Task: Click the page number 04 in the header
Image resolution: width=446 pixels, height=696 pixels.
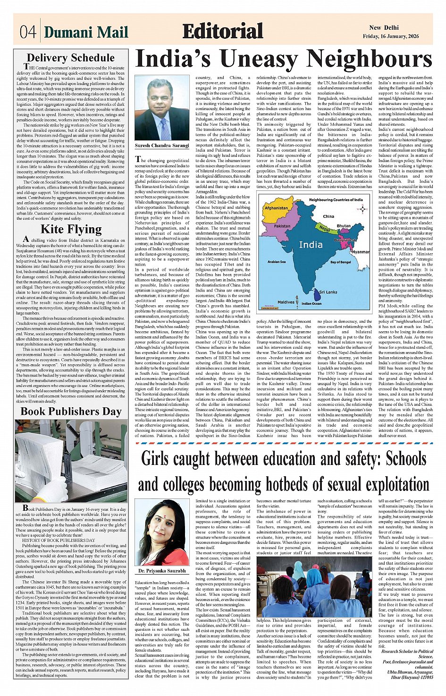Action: coord(28,32)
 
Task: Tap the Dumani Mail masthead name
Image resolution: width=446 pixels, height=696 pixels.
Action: coord(86,32)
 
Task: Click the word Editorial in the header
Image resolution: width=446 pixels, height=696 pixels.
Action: coord(222,31)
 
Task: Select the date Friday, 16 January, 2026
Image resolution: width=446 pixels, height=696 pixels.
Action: coord(397,36)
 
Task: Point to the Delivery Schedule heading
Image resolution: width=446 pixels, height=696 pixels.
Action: coord(71,58)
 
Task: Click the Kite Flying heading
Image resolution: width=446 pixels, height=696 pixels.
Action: coord(71,230)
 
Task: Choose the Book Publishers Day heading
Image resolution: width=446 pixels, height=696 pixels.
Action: coord(71,411)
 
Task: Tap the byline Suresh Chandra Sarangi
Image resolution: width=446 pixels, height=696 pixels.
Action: coord(162,146)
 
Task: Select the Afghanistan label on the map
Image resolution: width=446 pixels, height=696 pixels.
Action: coord(276,208)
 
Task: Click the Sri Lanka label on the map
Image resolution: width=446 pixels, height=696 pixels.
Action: coord(328,292)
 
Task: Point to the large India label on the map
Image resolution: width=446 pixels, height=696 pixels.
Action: coord(311,244)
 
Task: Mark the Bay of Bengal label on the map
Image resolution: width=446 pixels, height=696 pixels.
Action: coord(340,262)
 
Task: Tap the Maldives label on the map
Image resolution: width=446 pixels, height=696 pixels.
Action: coord(286,302)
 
